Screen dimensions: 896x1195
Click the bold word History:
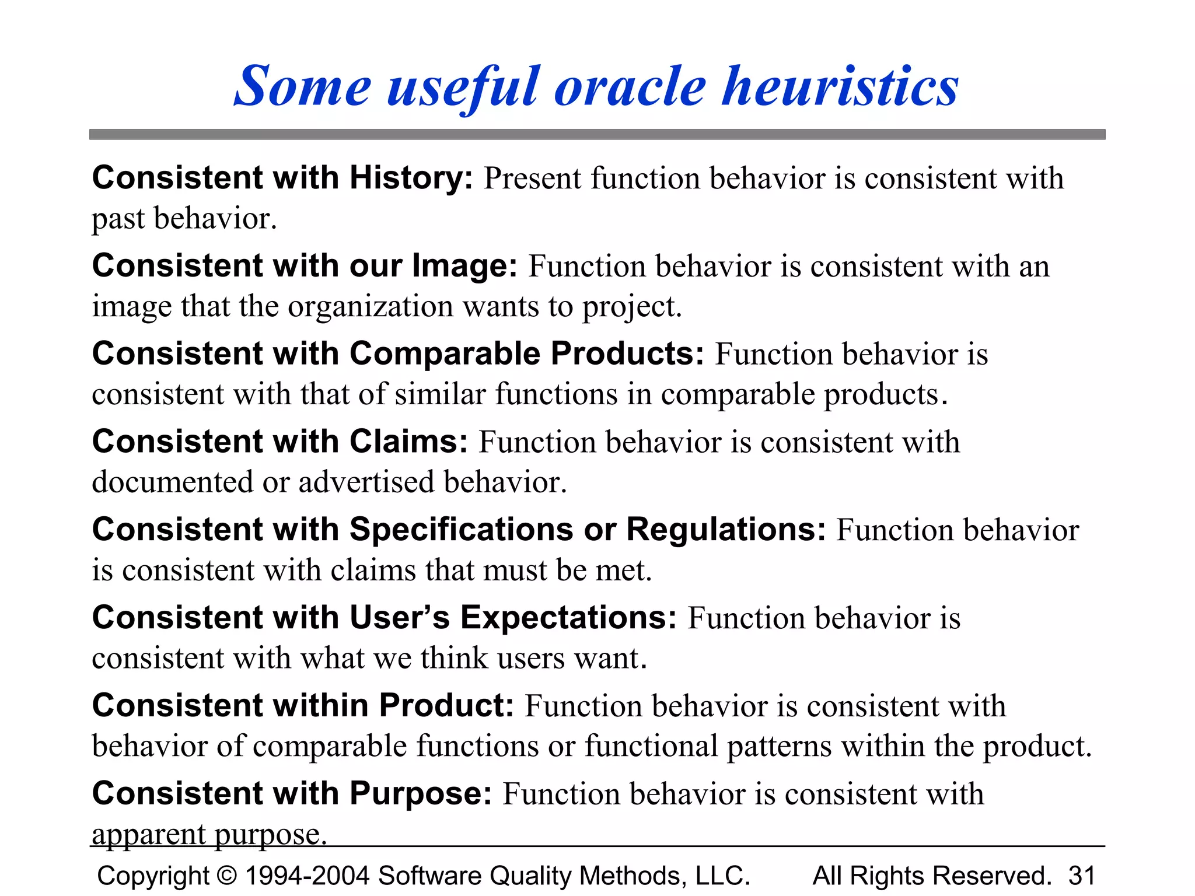tap(411, 178)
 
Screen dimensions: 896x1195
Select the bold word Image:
tap(464, 266)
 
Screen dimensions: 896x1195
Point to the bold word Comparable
tap(445, 354)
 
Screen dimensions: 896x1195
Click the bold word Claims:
tap(408, 442)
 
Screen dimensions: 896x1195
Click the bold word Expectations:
tap(568, 618)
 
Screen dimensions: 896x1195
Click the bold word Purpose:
tap(421, 794)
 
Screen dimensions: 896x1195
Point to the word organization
tap(370, 306)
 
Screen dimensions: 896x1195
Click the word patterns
tap(779, 746)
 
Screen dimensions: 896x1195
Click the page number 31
tap(1081, 876)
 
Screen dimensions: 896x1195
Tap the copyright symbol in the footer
tap(226, 876)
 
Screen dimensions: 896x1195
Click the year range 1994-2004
tap(307, 876)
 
